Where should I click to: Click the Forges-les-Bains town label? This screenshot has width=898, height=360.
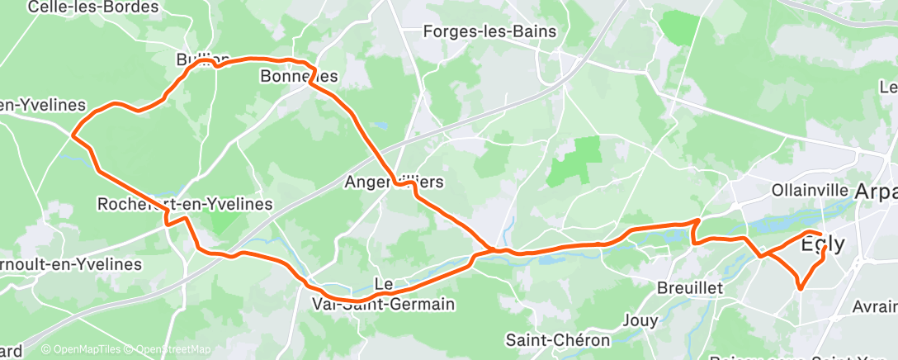coord(489,32)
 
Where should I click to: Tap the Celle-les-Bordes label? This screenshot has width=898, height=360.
coord(92,7)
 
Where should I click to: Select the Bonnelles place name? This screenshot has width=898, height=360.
coord(299,76)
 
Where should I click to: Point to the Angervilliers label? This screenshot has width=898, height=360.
coord(395,181)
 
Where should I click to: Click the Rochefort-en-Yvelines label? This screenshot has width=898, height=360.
coord(184,203)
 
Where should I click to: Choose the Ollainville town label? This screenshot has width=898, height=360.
coord(810,190)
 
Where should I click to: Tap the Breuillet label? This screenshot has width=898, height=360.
coord(690,288)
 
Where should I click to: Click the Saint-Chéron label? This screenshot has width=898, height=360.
coord(558,339)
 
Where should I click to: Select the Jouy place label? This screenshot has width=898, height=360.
coord(642,319)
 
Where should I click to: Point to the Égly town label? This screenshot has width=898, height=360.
coord(823,244)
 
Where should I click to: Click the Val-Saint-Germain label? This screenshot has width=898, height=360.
coord(383,304)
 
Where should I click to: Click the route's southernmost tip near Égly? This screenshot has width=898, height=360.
coord(800,287)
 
